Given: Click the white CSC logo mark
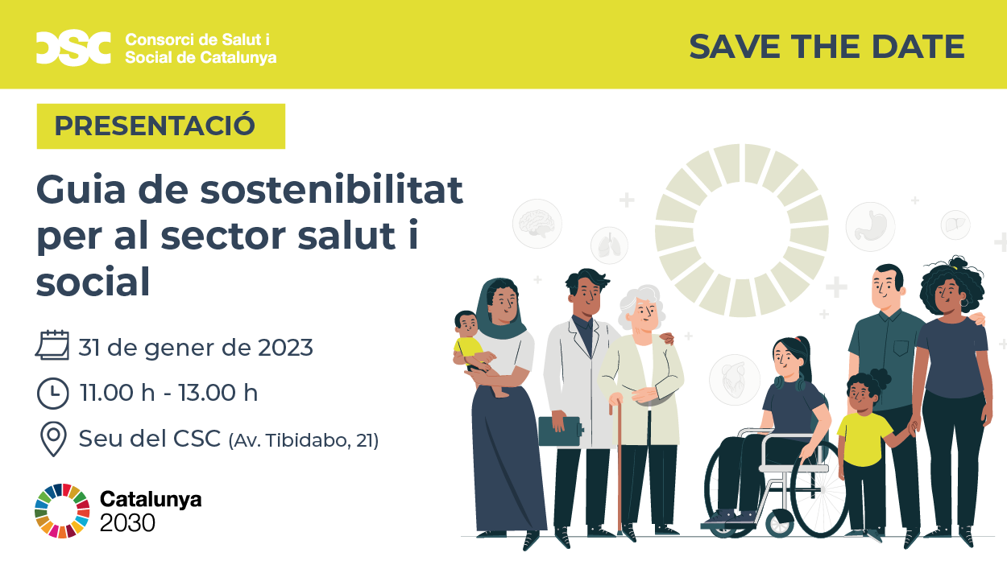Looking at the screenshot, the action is click(x=73, y=48).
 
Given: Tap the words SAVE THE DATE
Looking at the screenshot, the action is click(x=827, y=47).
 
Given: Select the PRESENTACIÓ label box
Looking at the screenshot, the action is click(x=161, y=126).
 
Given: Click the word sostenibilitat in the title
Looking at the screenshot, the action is click(x=331, y=189).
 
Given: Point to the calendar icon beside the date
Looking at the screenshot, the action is click(x=52, y=345).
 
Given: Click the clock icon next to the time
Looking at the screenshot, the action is click(x=53, y=394).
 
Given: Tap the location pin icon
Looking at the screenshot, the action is click(x=53, y=439).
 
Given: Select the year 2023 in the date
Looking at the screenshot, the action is click(x=285, y=348).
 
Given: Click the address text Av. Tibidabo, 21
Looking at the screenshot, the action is click(x=304, y=440).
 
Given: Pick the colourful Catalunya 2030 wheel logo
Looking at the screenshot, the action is click(x=62, y=510).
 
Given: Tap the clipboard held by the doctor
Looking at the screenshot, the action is click(x=560, y=431).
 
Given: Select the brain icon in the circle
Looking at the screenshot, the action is click(x=537, y=224).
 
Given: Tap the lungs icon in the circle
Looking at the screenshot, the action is click(x=609, y=245).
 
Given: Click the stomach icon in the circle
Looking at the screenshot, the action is click(x=870, y=227).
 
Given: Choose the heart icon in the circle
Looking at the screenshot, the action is click(x=735, y=380).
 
